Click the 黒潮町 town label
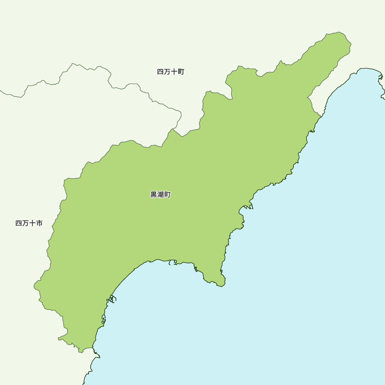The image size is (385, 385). (x=160, y=195)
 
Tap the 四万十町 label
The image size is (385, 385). (x=171, y=72)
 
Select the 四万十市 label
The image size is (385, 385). (x=29, y=223)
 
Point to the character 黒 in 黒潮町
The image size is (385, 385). (x=154, y=195)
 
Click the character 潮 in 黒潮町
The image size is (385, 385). (x=160, y=195)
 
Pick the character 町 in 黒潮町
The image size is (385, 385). (x=167, y=195)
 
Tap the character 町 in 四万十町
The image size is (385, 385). (x=181, y=72)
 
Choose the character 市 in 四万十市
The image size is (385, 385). (x=39, y=223)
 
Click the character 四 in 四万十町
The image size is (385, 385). (x=161, y=72)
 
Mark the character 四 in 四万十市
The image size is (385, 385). (x=18, y=223)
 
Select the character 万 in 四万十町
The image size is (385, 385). (x=167, y=72)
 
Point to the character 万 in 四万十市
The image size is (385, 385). (x=25, y=223)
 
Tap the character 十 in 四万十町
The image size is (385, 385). (x=174, y=72)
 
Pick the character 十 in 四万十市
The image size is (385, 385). (x=32, y=223)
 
